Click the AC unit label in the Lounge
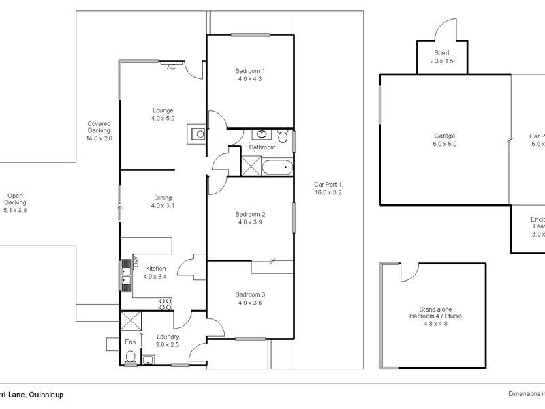(171, 67)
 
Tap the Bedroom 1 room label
(250, 71)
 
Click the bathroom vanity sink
(262, 134)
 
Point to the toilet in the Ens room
(131, 357)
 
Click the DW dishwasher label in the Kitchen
(136, 260)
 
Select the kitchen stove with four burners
(165, 301)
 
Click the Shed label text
(441, 53)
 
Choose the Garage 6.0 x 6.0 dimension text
(444, 144)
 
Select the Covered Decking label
(98, 131)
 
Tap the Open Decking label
(15, 202)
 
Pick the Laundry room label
(168, 337)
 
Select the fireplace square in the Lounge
(198, 134)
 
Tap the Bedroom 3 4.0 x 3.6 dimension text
(250, 303)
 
